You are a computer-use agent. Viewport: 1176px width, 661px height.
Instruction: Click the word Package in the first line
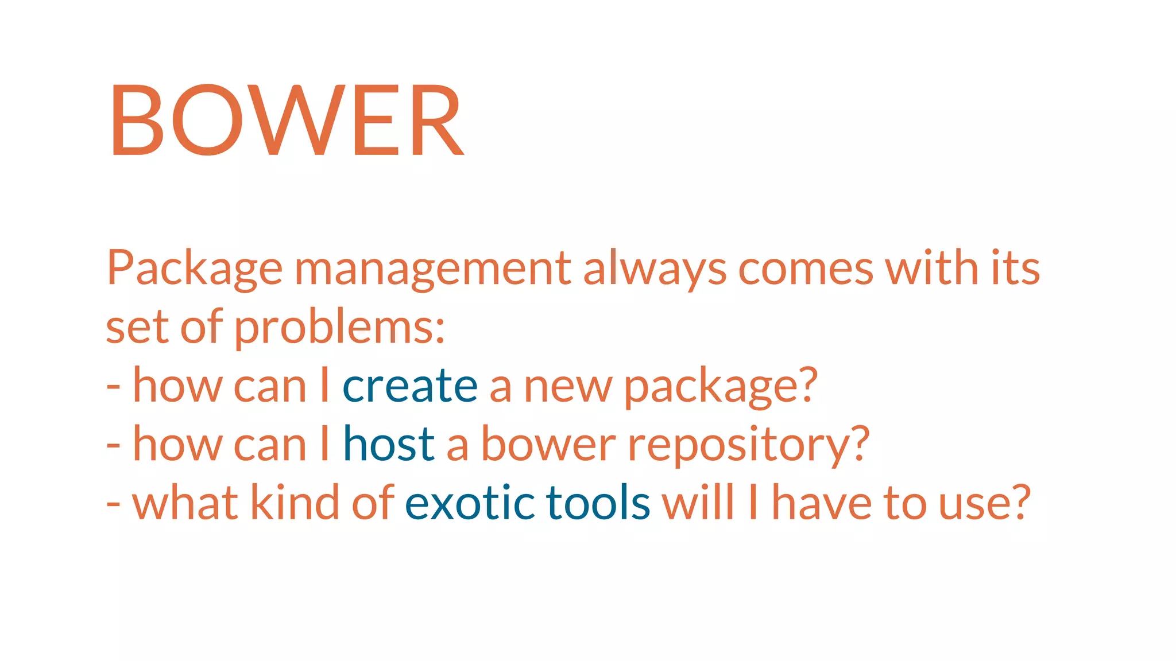pyautogui.click(x=194, y=269)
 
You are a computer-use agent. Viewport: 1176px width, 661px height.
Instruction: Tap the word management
pyautogui.click(x=432, y=269)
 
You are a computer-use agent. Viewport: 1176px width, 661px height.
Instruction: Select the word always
pyautogui.click(x=655, y=269)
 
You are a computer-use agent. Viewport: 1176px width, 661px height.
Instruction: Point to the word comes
pyautogui.click(x=806, y=269)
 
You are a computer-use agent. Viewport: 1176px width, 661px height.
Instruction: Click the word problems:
pyautogui.click(x=339, y=328)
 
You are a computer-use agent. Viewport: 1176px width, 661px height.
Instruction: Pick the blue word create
pyautogui.click(x=410, y=386)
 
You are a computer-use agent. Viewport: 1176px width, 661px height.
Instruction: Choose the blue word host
pyautogui.click(x=389, y=445)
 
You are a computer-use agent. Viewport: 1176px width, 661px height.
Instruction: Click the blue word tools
pyautogui.click(x=598, y=503)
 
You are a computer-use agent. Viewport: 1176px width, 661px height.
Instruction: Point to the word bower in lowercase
pyautogui.click(x=548, y=445)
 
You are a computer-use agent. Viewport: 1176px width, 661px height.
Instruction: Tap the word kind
pyautogui.click(x=295, y=503)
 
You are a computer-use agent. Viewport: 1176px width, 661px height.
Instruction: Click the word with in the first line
pyautogui.click(x=931, y=269)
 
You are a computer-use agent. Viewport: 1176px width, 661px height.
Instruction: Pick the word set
pyautogui.click(x=137, y=328)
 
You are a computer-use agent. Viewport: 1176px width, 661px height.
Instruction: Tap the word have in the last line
pyautogui.click(x=821, y=503)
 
